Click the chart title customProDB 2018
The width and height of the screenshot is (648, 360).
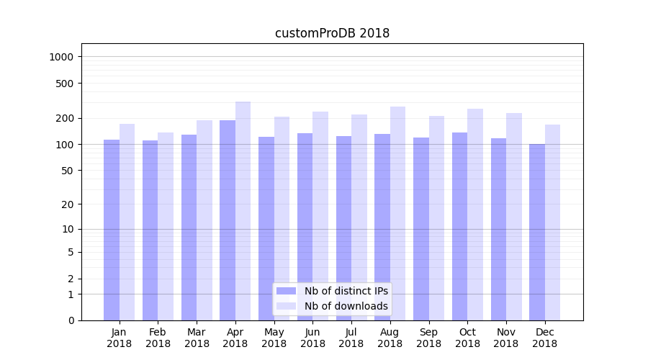click(332, 33)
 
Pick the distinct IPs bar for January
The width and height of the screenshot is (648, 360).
click(112, 230)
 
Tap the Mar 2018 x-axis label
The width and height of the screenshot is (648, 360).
click(197, 338)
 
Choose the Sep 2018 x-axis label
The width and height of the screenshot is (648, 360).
click(428, 338)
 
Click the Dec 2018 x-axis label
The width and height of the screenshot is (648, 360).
click(544, 338)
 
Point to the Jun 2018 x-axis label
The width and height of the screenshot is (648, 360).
click(312, 338)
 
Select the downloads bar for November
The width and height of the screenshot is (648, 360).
click(513, 216)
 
